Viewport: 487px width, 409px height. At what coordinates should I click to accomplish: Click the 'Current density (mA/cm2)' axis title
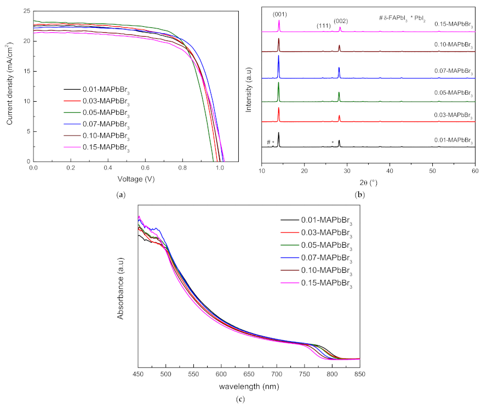coord(10,85)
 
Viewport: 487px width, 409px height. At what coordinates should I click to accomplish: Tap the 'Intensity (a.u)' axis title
coord(249,85)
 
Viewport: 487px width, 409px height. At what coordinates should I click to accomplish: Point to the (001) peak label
coord(279,14)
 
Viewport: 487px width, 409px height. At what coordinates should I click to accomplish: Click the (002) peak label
coord(340,21)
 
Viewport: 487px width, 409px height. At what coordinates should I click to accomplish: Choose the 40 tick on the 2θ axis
coord(389,171)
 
